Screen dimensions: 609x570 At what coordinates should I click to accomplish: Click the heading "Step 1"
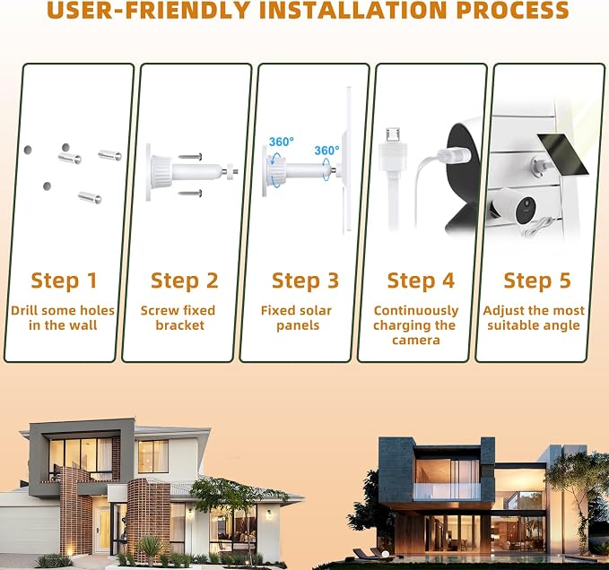[x=64, y=281]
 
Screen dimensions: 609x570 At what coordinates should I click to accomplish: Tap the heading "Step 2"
[x=185, y=281]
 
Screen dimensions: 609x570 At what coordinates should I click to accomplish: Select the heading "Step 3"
[x=305, y=281]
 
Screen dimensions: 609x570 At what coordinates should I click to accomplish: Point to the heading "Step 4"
[x=421, y=281]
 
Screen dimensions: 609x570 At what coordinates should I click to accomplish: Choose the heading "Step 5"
[x=537, y=281]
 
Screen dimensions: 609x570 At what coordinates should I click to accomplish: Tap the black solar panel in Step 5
[x=563, y=154]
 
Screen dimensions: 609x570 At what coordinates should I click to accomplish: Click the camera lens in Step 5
[x=527, y=203]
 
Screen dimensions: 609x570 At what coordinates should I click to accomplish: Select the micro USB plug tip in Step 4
[x=393, y=134]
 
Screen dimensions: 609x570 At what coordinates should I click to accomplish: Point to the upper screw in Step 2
[x=190, y=157]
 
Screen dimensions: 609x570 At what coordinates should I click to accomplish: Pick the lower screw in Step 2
[x=190, y=193]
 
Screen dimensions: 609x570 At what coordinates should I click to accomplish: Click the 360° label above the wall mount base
[x=282, y=142]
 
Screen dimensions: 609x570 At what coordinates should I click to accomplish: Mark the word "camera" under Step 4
[x=416, y=341]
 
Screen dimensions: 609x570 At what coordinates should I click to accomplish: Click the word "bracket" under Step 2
[x=179, y=325]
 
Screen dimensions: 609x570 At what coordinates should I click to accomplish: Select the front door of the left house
[x=104, y=528]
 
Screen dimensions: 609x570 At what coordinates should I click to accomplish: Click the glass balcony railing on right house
[x=447, y=491]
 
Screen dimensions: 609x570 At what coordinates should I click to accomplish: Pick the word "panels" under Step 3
[x=298, y=325]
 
